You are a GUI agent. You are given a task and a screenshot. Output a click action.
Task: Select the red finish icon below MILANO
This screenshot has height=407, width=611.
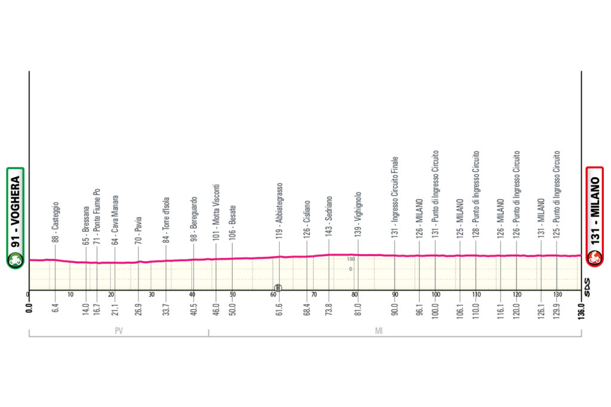(x=594, y=258)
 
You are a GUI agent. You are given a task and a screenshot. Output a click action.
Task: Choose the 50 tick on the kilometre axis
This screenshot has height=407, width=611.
(x=232, y=295)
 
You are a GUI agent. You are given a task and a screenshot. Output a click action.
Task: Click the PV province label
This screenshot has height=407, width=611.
(x=119, y=332)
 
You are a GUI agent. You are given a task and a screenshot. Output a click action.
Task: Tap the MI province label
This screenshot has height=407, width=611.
(x=378, y=332)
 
